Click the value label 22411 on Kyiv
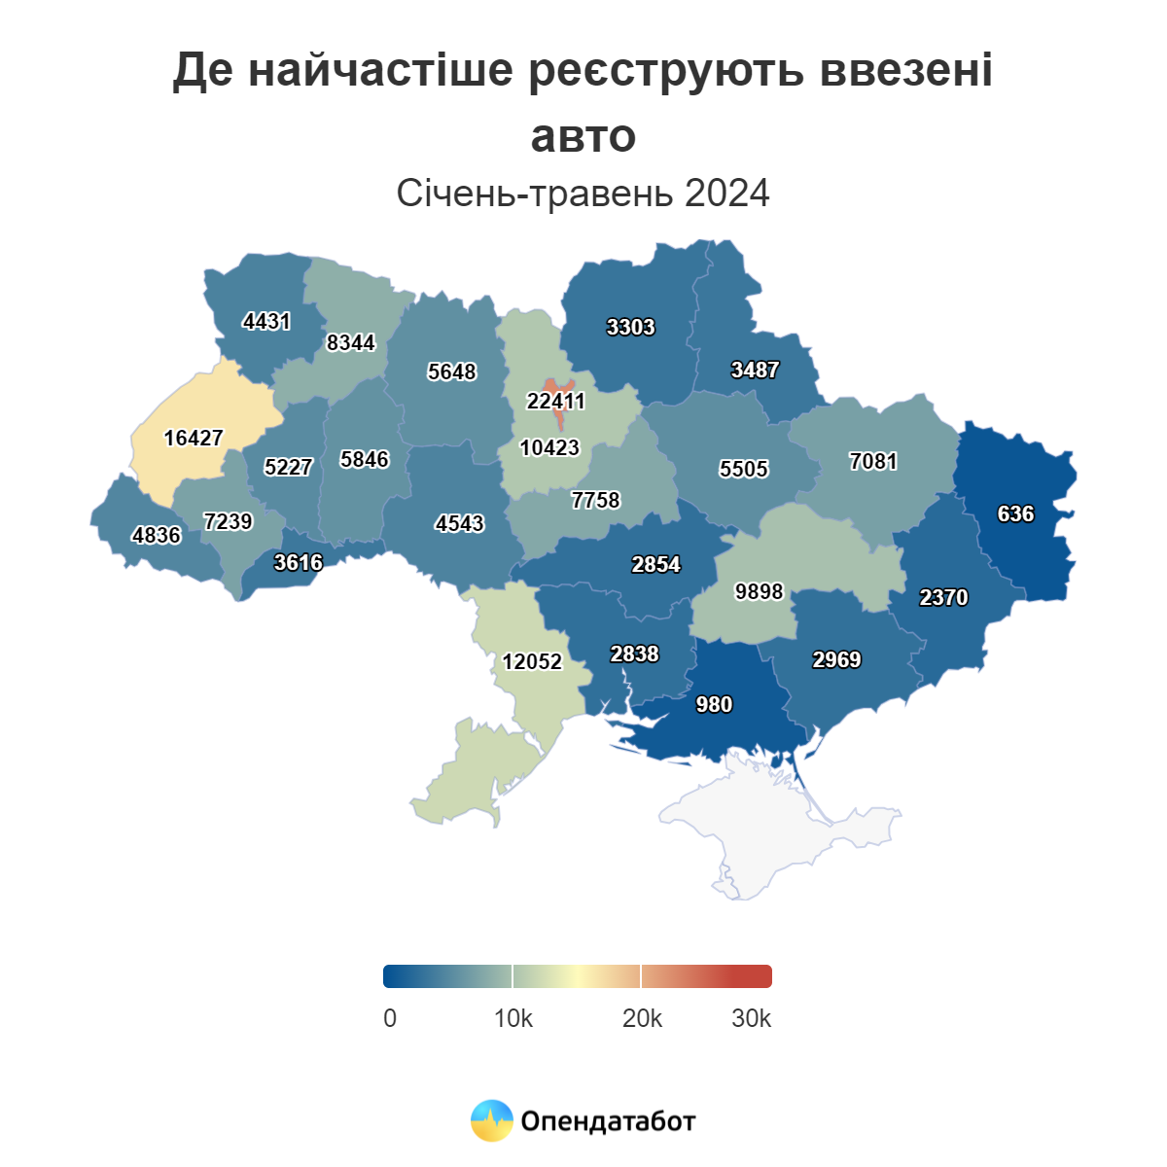(556, 401)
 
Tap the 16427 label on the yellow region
(194, 438)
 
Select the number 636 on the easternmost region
(1015, 513)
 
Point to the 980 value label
(714, 704)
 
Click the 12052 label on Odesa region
(532, 661)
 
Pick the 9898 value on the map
(759, 591)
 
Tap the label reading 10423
(549, 447)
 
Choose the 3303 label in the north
(630, 327)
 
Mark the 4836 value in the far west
(157, 535)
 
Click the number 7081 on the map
(873, 461)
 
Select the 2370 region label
(943, 597)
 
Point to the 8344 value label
(350, 342)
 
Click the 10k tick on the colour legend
(513, 1018)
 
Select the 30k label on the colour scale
(751, 1018)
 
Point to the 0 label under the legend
(390, 1018)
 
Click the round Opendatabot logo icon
(491, 1120)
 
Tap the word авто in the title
(583, 135)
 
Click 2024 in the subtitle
(726, 194)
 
